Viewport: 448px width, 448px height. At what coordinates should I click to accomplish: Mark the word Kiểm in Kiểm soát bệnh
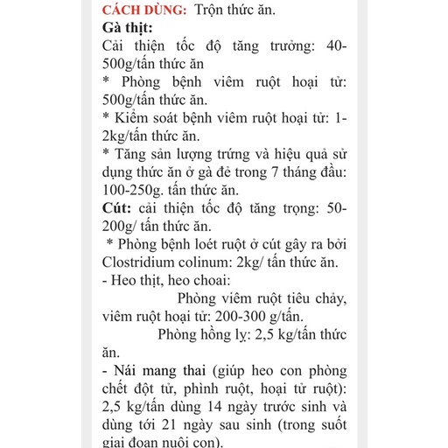[x=134, y=117]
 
